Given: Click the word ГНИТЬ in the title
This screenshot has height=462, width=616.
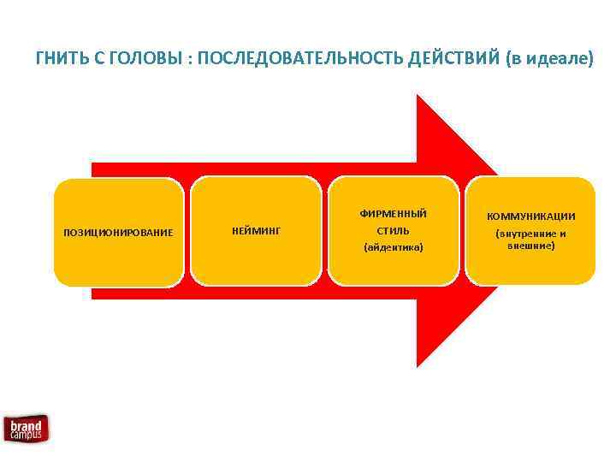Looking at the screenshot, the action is [58, 59].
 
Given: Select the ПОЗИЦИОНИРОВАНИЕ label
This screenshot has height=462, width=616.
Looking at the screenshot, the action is [119, 232].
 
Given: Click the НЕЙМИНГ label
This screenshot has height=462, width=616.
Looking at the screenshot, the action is [257, 230].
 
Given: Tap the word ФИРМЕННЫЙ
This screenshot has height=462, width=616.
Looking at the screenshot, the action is [394, 213].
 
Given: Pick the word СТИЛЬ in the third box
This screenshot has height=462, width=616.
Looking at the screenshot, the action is [394, 230].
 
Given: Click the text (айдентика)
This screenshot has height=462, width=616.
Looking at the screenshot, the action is [394, 247].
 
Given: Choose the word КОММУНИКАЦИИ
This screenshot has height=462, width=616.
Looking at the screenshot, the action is [531, 216].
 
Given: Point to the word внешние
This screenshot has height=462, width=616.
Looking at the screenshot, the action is [531, 246].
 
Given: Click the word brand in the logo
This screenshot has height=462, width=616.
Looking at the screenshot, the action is [26, 425].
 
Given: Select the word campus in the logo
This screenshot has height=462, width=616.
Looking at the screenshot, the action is [27, 435].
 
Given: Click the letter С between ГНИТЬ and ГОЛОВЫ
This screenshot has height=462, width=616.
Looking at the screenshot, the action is [95, 59].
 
